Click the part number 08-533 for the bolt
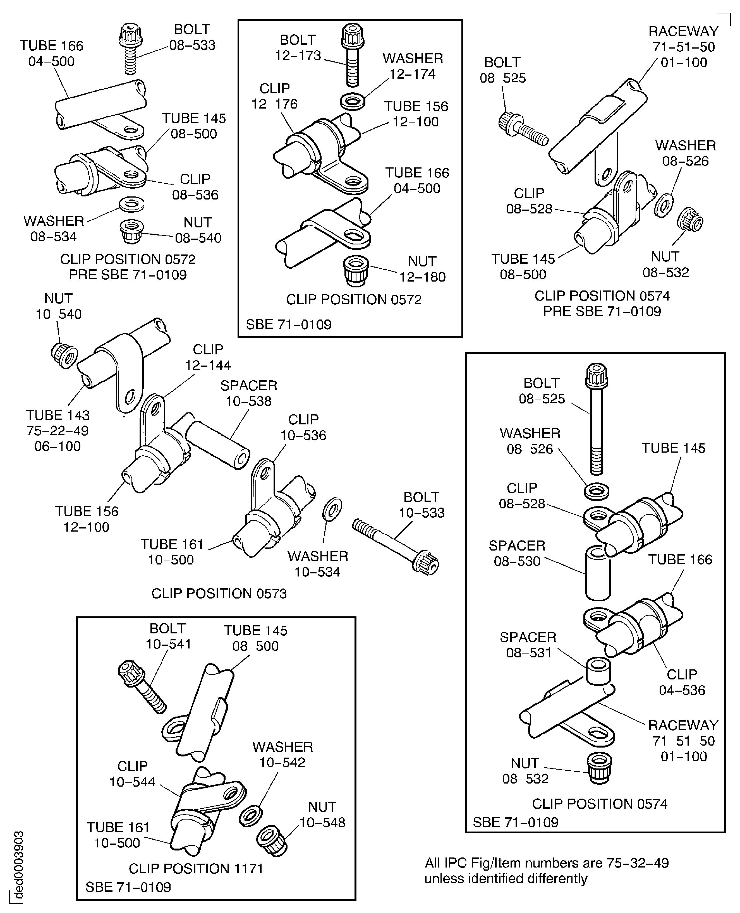192,45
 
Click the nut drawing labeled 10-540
64,354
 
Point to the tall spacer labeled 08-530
598,574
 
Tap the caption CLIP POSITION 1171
196,868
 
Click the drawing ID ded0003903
19,864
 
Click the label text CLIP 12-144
208,357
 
